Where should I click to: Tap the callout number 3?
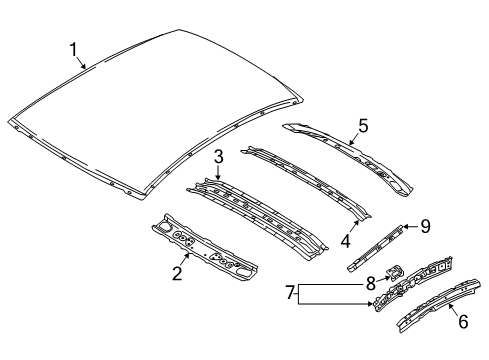click(218, 155)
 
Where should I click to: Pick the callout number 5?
click(362, 125)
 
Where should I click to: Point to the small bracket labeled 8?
click(394, 272)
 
